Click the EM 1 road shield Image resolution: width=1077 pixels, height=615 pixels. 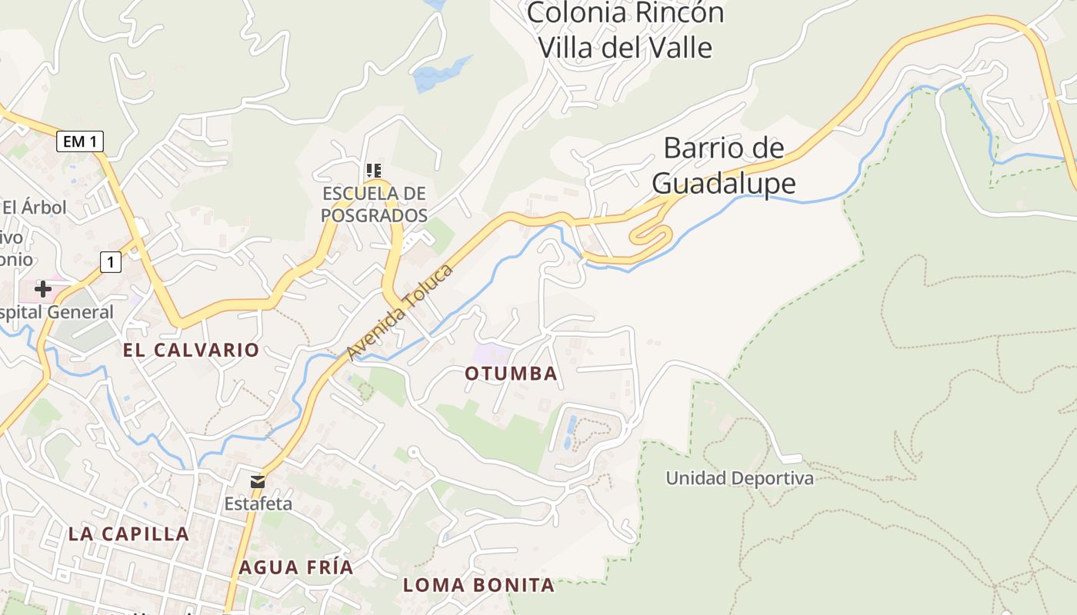[80, 141]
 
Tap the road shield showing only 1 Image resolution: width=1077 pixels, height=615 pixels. [111, 262]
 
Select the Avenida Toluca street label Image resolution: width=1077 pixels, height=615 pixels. [400, 312]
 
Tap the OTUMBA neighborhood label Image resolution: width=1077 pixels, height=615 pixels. [511, 374]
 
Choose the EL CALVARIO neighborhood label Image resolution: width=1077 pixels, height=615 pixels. [191, 350]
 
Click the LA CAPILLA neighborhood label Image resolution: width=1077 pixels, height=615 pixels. [128, 534]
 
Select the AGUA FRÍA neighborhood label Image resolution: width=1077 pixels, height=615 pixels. [295, 567]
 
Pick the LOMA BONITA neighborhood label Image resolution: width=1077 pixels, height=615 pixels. [478, 585]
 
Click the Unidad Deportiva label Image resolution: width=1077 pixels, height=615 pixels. [739, 478]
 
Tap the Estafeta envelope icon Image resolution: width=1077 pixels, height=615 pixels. [258, 482]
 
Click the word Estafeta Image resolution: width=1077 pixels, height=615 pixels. [258, 504]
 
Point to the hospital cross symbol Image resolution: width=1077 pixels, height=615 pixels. [43, 289]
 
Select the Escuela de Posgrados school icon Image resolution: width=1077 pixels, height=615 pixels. [374, 170]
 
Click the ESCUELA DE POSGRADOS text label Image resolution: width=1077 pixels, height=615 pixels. [374, 204]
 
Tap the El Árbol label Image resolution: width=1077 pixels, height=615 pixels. [34, 207]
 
